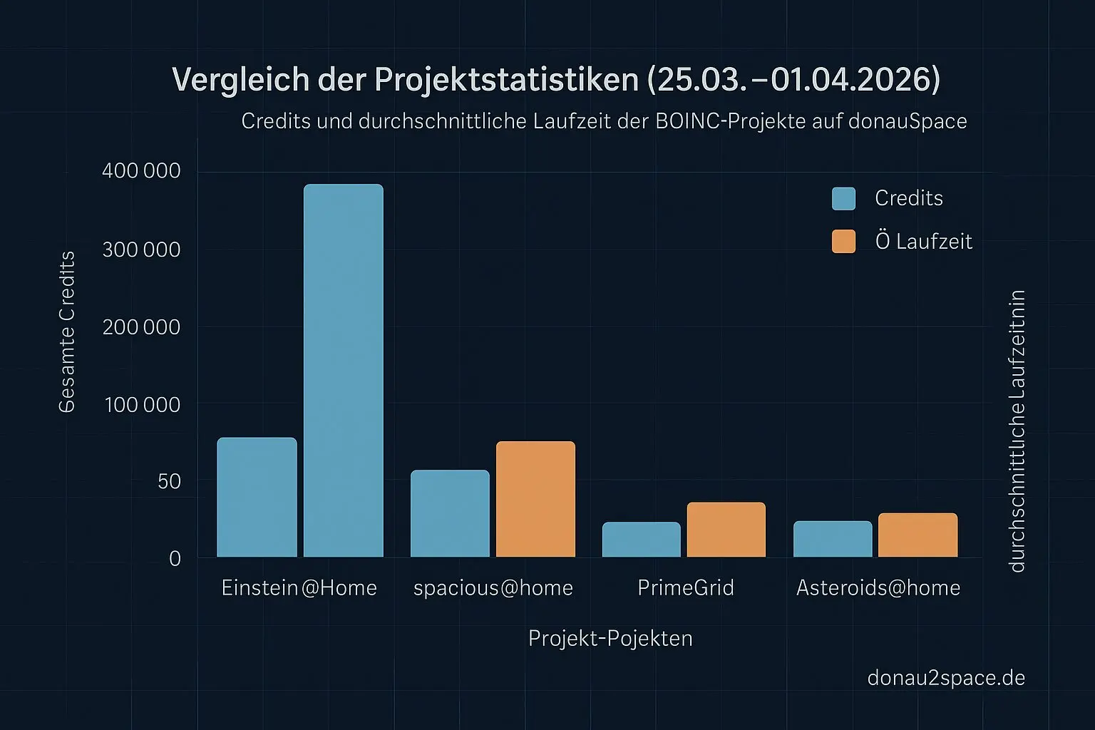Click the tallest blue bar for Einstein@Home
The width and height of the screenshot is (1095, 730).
point(344,371)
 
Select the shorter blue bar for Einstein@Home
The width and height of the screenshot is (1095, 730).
point(257,497)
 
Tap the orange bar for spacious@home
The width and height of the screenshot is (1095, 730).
point(535,499)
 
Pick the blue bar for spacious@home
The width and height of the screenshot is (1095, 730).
point(450,513)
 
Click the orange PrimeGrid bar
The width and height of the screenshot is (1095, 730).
point(726,530)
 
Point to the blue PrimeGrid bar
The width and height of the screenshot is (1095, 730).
point(641,540)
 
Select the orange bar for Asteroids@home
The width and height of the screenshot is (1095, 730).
point(917,535)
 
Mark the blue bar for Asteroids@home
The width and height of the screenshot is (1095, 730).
point(833,539)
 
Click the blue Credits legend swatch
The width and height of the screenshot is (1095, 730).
point(843,199)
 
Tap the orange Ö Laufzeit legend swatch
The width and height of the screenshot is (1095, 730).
point(843,242)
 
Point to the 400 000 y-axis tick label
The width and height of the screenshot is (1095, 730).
point(141,171)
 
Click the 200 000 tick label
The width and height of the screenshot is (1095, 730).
point(141,327)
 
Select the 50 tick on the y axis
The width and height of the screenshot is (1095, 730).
point(170,482)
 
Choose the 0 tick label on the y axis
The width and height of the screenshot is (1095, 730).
point(175,559)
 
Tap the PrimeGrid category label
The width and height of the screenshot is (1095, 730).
point(685,588)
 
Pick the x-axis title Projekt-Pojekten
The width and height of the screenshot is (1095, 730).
point(610,638)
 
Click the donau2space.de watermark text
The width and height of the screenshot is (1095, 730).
point(946,677)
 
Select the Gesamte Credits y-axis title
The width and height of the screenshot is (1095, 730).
point(67,331)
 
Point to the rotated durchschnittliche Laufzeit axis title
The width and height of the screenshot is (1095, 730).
point(1017,431)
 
